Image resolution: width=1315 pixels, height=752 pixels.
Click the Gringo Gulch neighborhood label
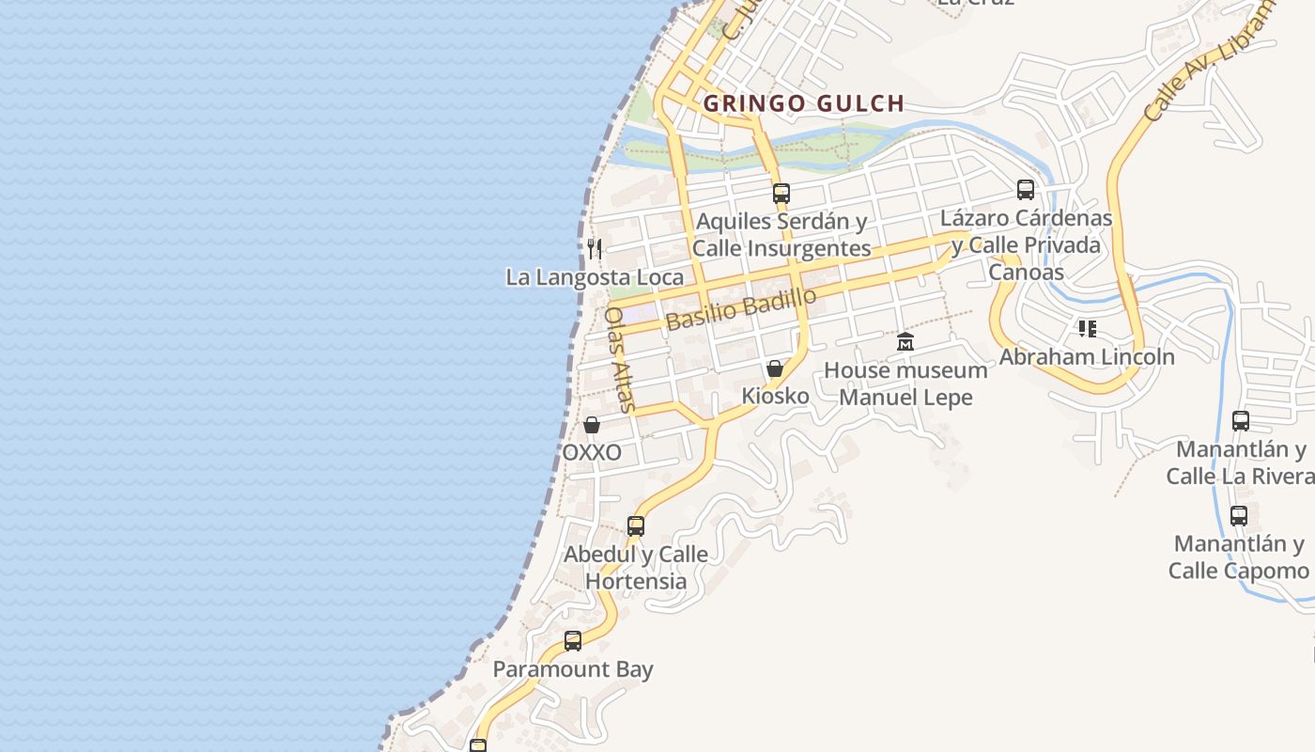pos(803,103)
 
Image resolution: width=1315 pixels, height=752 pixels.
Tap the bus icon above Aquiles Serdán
pos(781,194)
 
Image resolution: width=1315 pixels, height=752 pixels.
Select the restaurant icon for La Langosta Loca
pos(594,248)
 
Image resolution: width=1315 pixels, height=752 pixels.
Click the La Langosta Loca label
pos(595,277)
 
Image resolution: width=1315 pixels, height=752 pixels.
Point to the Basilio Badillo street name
pos(741,309)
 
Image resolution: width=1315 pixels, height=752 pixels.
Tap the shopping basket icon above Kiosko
pos(775,368)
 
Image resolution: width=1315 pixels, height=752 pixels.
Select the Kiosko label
pos(775,396)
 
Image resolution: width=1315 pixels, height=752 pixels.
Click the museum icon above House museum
pos(905,341)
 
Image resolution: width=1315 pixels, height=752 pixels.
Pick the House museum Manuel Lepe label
pos(905,384)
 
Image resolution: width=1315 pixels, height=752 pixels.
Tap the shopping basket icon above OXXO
pos(592,425)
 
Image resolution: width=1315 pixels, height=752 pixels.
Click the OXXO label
pos(592,452)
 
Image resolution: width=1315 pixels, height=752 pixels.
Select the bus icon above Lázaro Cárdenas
pos(1026,190)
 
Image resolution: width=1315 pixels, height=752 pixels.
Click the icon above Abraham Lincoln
pos(1087,329)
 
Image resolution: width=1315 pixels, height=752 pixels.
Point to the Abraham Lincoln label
pos(1087,357)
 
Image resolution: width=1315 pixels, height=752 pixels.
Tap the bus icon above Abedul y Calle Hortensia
pos(636,526)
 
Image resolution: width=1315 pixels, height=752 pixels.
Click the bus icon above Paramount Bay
pos(573,641)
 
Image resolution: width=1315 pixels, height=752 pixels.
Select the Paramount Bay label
pos(573,669)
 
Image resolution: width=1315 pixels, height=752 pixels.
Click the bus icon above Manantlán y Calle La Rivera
pos(1241,420)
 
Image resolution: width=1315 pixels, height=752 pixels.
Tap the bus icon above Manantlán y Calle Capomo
pos(1239,515)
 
